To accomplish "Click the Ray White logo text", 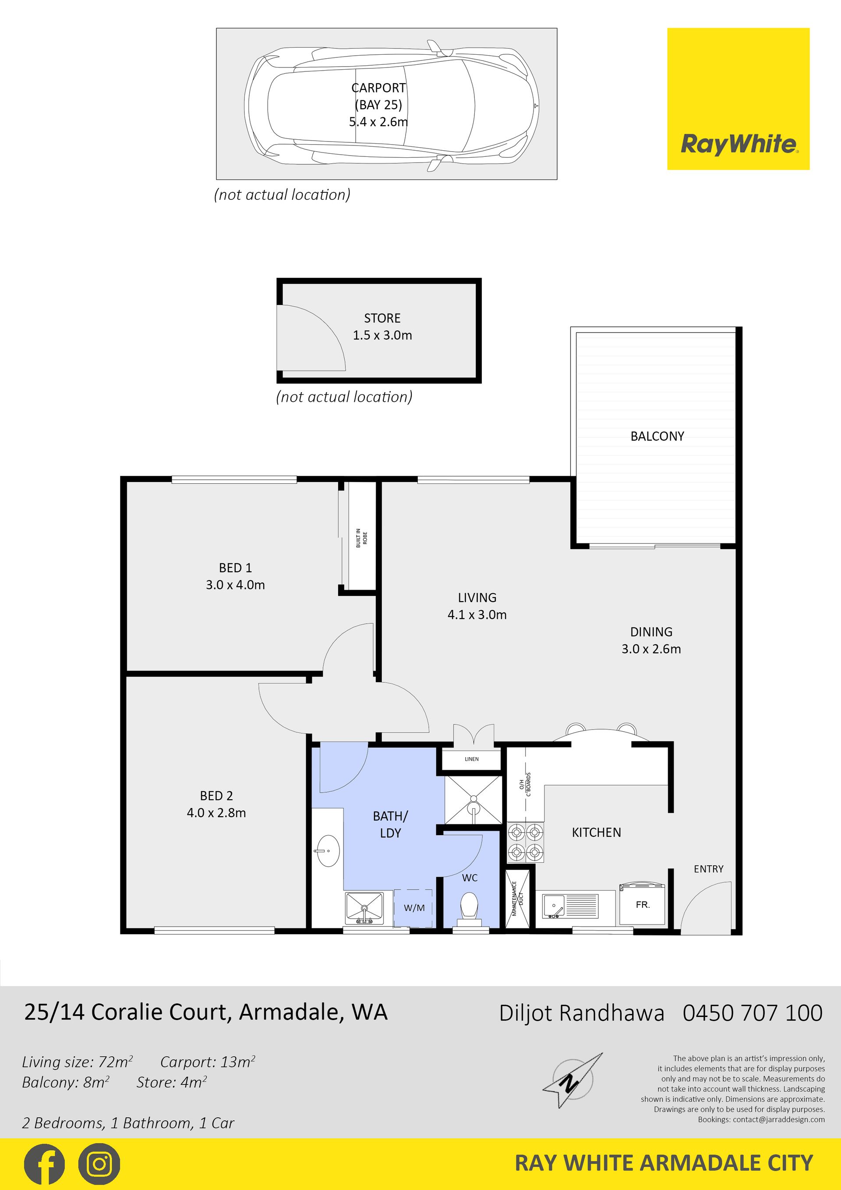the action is [x=739, y=144].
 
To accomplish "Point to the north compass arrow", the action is [x=572, y=1080].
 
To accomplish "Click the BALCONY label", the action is [x=657, y=436].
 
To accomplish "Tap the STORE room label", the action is [x=382, y=318].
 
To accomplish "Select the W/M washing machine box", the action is [x=413, y=908].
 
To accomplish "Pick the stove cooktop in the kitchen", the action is [x=526, y=842].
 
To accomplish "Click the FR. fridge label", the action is [x=643, y=904].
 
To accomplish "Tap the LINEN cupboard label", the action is [x=472, y=759].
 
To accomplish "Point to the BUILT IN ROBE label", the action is [x=361, y=538].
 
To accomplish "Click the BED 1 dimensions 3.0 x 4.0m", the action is [x=235, y=585].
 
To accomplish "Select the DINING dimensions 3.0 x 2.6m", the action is [x=651, y=649].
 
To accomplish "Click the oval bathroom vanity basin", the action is [x=328, y=850].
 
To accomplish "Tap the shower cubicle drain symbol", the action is [x=473, y=808].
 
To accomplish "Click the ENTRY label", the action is [x=708, y=869].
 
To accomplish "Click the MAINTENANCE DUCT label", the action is [x=518, y=899].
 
